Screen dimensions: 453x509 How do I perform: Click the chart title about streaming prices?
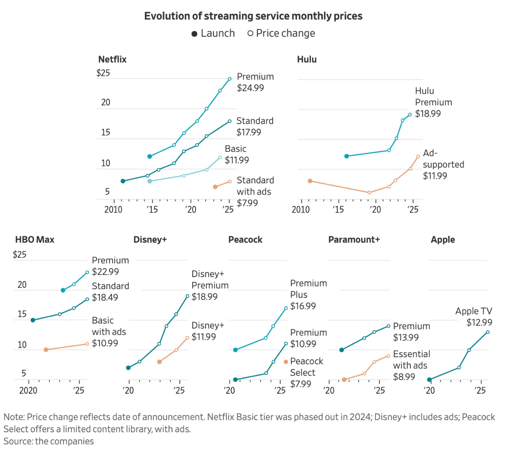pyautogui.click(x=253, y=16)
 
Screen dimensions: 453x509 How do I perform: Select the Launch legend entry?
pyautogui.click(x=213, y=34)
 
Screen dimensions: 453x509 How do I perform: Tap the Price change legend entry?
pyautogui.click(x=281, y=34)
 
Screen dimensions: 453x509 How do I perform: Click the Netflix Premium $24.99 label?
pyautogui.click(x=255, y=82)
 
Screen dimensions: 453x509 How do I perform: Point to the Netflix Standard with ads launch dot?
pyautogui.click(x=215, y=187)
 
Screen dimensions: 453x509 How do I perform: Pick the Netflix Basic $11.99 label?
pyautogui.click(x=237, y=154)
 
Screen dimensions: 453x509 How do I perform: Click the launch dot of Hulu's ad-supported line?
pyautogui.click(x=310, y=181)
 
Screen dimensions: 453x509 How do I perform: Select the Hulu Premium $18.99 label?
pyautogui.click(x=433, y=102)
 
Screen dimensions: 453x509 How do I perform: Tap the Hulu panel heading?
pyautogui.click(x=307, y=59)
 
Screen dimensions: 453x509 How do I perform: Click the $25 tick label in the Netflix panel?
pyautogui.click(x=103, y=73)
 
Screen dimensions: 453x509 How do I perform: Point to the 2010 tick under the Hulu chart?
pyautogui.click(x=301, y=209)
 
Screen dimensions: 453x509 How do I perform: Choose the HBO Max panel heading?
pyautogui.click(x=35, y=240)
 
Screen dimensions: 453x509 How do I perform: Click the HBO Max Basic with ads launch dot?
pyautogui.click(x=46, y=350)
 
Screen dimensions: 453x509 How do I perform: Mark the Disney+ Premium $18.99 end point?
pyautogui.click(x=187, y=296)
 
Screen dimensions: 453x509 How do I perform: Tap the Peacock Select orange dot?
pyautogui.click(x=286, y=362)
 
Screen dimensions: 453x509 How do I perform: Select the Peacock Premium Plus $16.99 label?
pyautogui.click(x=308, y=295)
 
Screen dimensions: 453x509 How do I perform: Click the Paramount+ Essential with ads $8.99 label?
pyautogui.click(x=411, y=365)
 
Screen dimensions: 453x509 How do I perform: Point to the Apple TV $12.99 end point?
pyautogui.click(x=487, y=332)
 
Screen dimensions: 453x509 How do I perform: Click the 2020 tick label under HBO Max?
pyautogui.click(x=28, y=390)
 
